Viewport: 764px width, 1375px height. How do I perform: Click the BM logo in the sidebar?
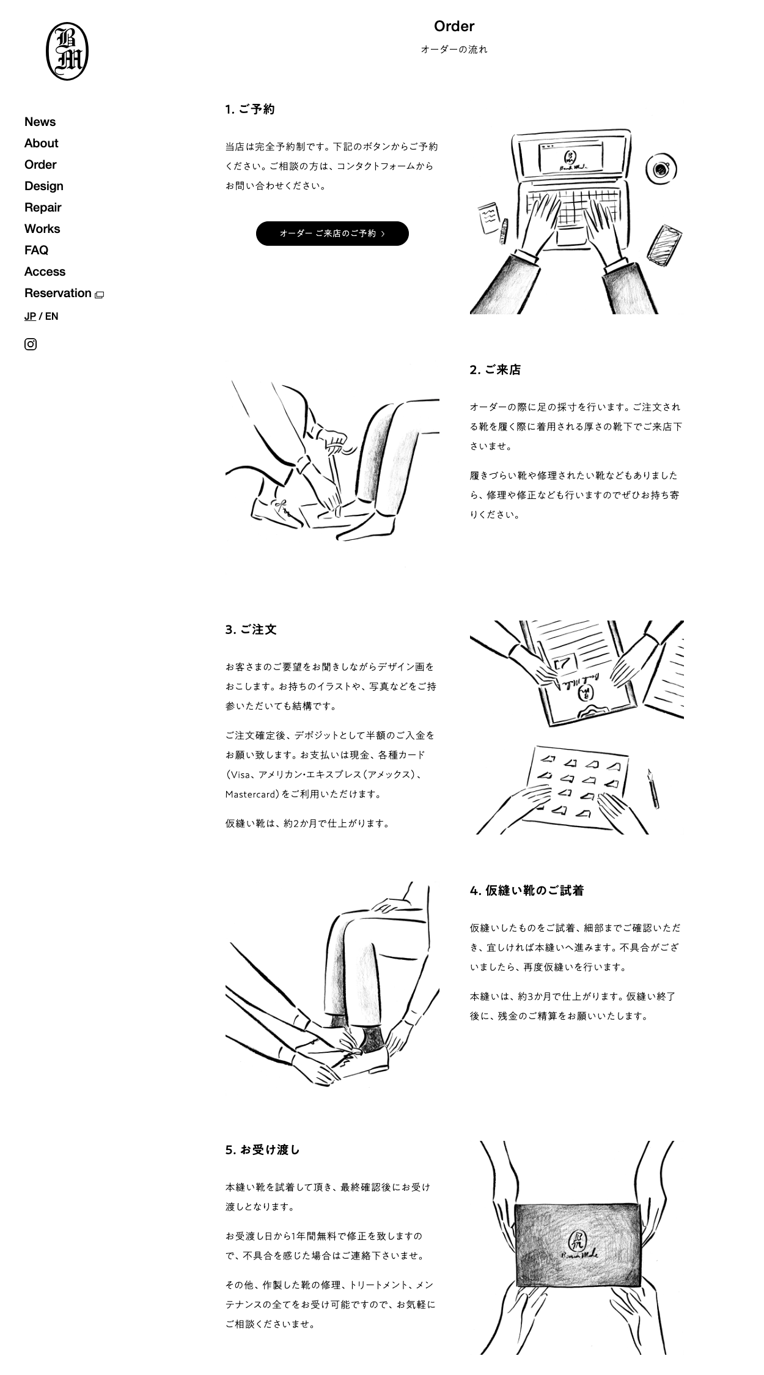[x=67, y=51]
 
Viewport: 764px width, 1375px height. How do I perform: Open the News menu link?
[x=40, y=122]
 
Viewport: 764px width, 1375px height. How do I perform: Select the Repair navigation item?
[x=43, y=207]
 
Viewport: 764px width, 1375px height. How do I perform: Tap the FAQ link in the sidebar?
[x=36, y=250]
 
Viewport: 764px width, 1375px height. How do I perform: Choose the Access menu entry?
[x=45, y=271]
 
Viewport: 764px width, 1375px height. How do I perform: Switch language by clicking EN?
[x=51, y=316]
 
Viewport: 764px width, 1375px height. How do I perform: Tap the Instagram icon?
[x=31, y=344]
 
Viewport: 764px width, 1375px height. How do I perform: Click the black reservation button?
[x=332, y=234]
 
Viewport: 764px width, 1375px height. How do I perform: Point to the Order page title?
[x=454, y=26]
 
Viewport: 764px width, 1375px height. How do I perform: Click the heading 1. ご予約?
[x=250, y=109]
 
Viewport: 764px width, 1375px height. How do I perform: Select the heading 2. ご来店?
[x=495, y=370]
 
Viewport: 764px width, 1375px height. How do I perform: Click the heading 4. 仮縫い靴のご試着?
[x=527, y=891]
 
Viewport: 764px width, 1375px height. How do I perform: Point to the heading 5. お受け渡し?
[x=263, y=1150]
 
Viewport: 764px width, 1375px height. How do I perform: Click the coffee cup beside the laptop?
[x=661, y=169]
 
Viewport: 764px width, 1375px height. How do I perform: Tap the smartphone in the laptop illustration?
[x=664, y=245]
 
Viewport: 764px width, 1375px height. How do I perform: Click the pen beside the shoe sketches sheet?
[x=653, y=789]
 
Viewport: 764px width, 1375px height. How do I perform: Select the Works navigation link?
[x=42, y=229]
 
